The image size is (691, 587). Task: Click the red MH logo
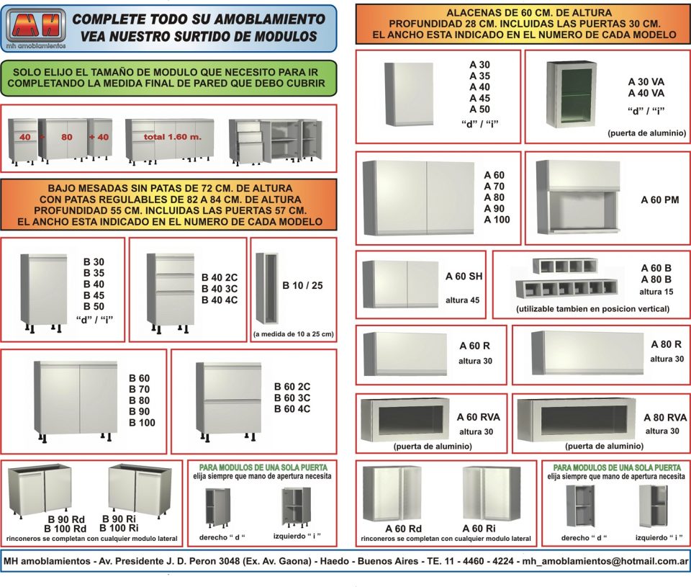pyautogui.click(x=36, y=26)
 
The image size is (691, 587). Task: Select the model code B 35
pyautogui.click(x=94, y=273)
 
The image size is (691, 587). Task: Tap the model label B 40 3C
pyautogui.click(x=220, y=289)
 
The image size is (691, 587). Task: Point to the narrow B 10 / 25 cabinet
pyautogui.click(x=267, y=288)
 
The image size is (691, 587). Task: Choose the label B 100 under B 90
pyautogui.click(x=142, y=423)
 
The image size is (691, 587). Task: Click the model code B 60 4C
pyautogui.click(x=292, y=409)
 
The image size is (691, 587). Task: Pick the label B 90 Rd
pyautogui.click(x=66, y=519)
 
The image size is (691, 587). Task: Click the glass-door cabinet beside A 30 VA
pyautogui.click(x=571, y=95)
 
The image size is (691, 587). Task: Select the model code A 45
pyautogui.click(x=479, y=99)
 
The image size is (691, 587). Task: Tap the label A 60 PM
pyautogui.click(x=660, y=200)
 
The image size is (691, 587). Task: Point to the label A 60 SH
pyautogui.click(x=464, y=277)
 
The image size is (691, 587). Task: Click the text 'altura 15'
pyautogui.click(x=656, y=292)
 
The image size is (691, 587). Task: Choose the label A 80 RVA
pyautogui.click(x=665, y=418)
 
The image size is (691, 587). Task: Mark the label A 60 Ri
pyautogui.click(x=479, y=529)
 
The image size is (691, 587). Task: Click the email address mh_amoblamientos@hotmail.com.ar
pyautogui.click(x=605, y=561)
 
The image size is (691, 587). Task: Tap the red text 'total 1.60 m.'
pyautogui.click(x=172, y=137)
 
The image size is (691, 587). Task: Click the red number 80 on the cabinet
pyautogui.click(x=66, y=137)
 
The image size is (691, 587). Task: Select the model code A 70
pyautogui.click(x=494, y=187)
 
